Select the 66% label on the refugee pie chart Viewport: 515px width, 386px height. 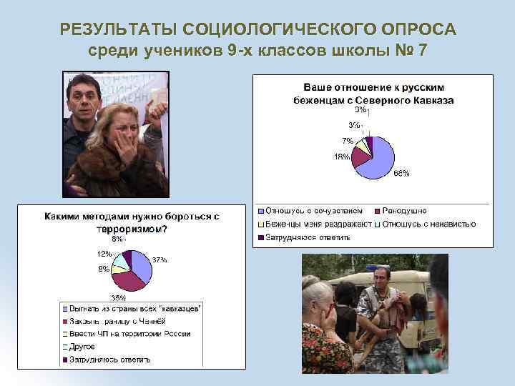401,173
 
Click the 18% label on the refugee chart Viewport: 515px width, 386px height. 342,157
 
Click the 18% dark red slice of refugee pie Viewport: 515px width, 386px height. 359,157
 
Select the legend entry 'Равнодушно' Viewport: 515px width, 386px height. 404,211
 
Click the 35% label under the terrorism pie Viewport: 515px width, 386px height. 118,297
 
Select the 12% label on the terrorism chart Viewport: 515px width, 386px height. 104,254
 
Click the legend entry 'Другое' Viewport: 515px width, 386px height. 82,347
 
